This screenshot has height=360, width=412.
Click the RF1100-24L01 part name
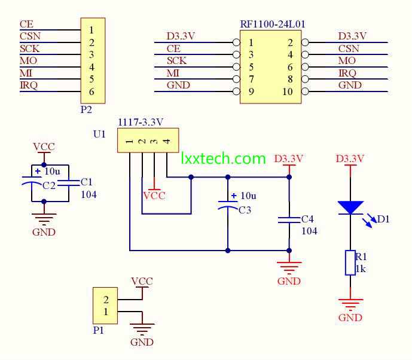(x=273, y=24)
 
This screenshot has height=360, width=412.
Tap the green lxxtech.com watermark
(x=224, y=158)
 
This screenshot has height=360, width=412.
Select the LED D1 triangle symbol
(x=350, y=208)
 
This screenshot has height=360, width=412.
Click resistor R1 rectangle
(x=350, y=263)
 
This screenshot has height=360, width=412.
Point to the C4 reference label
(x=307, y=219)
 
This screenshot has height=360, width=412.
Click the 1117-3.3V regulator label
(x=141, y=122)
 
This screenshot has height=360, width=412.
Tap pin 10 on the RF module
(x=288, y=91)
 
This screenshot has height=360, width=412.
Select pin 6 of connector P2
(x=91, y=91)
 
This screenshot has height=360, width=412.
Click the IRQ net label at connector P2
(x=29, y=85)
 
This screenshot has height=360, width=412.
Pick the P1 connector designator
(x=99, y=330)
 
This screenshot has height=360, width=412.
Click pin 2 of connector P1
(x=106, y=300)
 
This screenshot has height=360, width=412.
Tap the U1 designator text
(x=99, y=134)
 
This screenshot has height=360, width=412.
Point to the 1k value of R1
(x=361, y=269)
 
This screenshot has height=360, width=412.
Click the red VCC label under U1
(x=154, y=196)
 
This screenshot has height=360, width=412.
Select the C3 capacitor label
(x=245, y=210)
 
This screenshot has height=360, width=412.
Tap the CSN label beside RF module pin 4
(x=349, y=48)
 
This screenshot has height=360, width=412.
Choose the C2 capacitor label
(x=49, y=186)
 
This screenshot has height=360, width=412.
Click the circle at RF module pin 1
(x=236, y=42)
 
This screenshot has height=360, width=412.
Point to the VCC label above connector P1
(x=142, y=282)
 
